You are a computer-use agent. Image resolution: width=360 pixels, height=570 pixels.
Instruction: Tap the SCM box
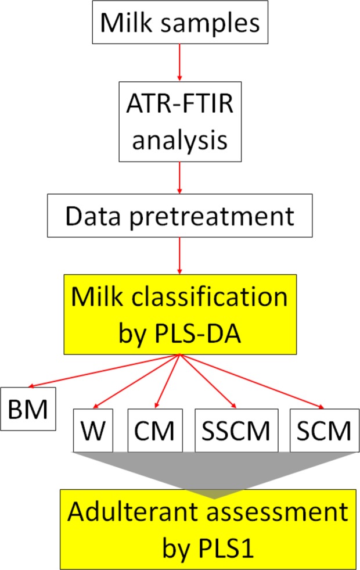(321, 431)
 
